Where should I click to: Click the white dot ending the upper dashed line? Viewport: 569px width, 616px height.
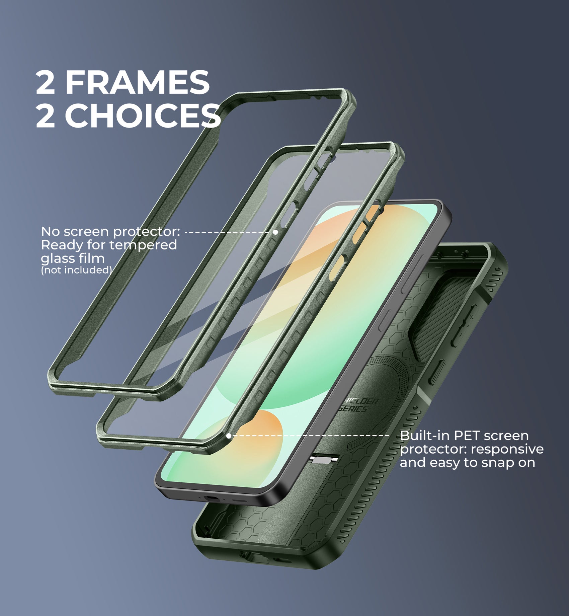275,232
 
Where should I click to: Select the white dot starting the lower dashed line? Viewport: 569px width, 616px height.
229,436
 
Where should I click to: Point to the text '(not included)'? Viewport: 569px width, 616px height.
76,270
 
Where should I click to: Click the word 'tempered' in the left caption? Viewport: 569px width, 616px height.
143,245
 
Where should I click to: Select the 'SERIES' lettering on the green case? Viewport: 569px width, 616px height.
353,409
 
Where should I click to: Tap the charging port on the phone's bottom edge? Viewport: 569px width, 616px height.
212,498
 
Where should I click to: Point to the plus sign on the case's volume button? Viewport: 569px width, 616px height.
471,317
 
